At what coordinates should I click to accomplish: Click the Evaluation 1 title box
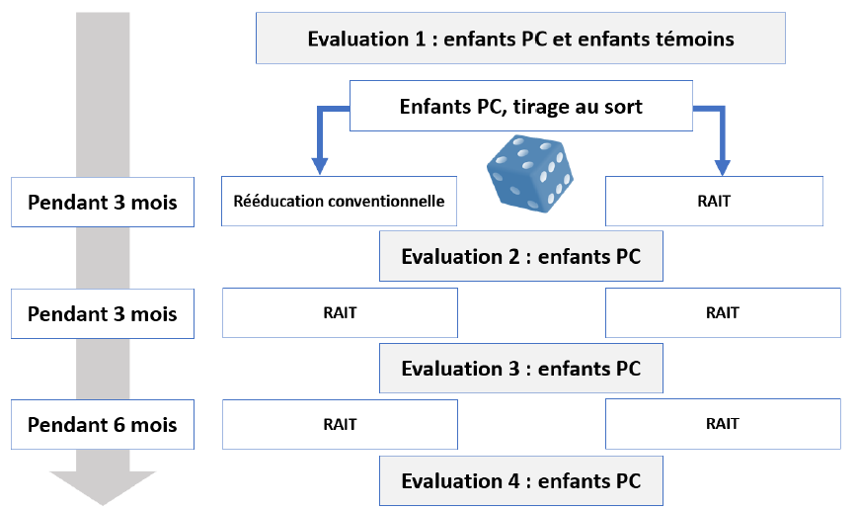coord(520,39)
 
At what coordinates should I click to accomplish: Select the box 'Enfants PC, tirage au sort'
coord(520,106)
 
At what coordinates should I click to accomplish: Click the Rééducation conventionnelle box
coord(339,202)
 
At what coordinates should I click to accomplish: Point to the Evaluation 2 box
coord(520,257)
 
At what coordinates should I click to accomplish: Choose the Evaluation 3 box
coord(520,369)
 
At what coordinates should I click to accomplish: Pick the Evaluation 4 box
coord(520,481)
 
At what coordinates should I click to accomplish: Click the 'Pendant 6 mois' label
coord(103,425)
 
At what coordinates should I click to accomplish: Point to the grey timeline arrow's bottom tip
coord(103,502)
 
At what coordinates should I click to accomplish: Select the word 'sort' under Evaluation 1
coord(623,107)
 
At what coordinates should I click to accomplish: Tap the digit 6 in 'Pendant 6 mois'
coord(117,425)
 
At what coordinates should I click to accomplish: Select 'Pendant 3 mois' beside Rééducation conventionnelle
coord(103,202)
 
